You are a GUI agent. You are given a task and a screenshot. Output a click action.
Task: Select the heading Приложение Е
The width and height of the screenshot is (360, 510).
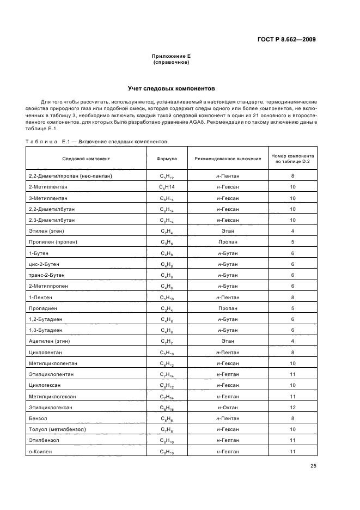[x=171, y=56]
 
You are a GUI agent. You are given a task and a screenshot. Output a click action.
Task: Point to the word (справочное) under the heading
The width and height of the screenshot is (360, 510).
[x=171, y=62]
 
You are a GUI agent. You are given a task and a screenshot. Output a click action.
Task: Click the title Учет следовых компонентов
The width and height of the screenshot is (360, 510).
[x=171, y=87]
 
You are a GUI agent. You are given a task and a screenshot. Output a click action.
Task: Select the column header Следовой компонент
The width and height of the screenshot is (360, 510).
[x=86, y=159]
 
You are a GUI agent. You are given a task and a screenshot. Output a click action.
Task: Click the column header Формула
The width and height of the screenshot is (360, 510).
[x=166, y=159]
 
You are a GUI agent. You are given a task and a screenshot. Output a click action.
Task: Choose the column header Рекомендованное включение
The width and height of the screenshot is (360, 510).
[x=228, y=159]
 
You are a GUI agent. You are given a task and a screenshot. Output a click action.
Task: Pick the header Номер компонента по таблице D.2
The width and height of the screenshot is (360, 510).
[x=292, y=159]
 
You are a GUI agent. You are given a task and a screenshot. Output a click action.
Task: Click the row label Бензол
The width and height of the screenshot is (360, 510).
[x=38, y=418]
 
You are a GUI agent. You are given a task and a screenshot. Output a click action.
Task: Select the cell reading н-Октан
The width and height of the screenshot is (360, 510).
[x=228, y=408]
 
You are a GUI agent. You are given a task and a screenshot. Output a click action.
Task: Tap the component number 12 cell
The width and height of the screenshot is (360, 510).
[x=292, y=408]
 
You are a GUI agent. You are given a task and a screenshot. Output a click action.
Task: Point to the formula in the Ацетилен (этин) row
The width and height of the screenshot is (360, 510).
[x=166, y=341]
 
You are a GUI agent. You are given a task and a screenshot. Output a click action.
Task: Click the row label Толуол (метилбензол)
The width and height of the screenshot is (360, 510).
[x=57, y=429]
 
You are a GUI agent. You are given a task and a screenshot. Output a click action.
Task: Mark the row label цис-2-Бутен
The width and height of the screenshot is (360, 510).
[x=46, y=264]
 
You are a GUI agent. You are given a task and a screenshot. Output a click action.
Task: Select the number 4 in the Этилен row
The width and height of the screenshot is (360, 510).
[x=292, y=231]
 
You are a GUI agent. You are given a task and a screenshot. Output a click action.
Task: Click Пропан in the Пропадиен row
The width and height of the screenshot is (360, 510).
[x=228, y=308]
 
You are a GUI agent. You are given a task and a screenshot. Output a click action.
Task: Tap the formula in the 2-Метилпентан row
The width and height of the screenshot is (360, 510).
[x=166, y=187]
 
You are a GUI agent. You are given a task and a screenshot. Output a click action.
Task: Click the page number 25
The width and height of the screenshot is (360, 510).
[x=313, y=466]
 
